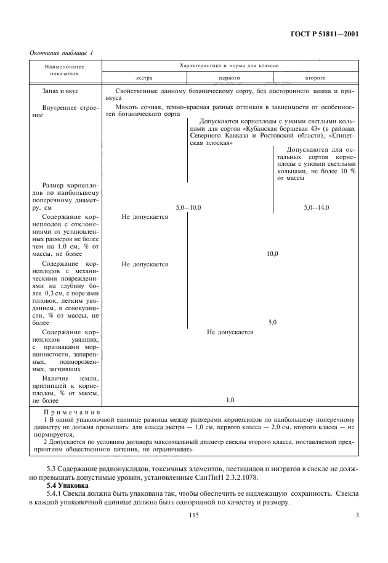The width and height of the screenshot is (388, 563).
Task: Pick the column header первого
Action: coord(229,79)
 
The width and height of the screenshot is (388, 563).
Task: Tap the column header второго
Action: coord(315,79)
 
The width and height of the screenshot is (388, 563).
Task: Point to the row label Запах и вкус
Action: coord(60,91)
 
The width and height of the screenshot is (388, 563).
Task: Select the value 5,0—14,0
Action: coord(317,208)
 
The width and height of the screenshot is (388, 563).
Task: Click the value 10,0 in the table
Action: coord(272,254)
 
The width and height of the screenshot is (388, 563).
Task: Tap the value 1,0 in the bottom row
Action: coord(230,400)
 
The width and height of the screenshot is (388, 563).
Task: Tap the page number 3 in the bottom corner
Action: coord(357,523)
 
